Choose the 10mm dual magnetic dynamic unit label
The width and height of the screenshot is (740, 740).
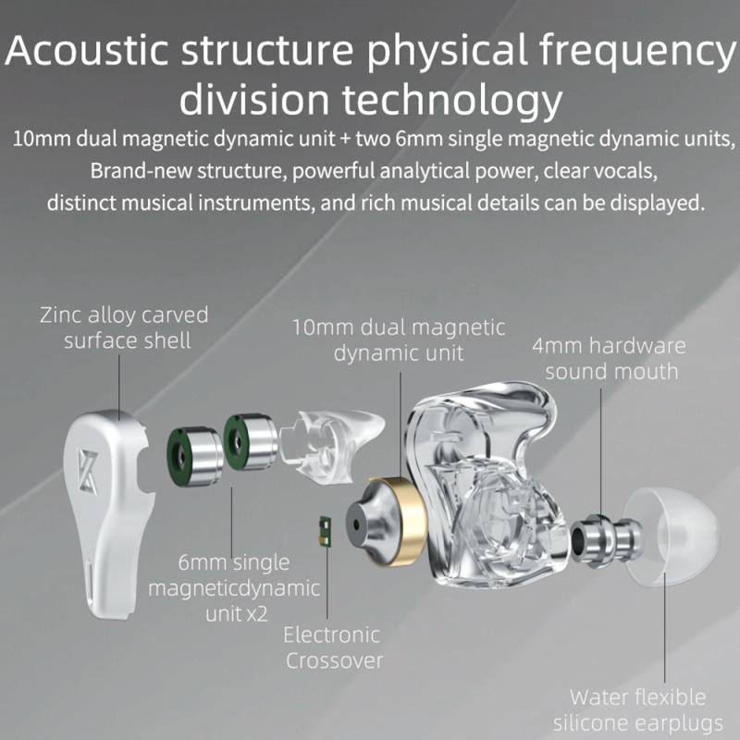pos(399,339)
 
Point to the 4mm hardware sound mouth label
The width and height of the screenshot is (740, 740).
pos(610,359)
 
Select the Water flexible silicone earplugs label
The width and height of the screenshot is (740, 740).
pos(637,709)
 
